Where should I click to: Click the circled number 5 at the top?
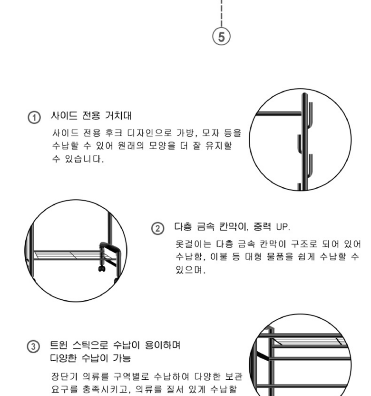pyautogui.click(x=221, y=37)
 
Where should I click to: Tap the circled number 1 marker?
pyautogui.click(x=34, y=117)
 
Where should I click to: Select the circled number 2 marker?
pyautogui.click(x=158, y=228)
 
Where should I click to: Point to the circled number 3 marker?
pyautogui.click(x=33, y=346)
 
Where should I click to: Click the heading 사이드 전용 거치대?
pyautogui.click(x=91, y=115)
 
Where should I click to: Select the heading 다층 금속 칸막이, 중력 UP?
pyautogui.click(x=232, y=226)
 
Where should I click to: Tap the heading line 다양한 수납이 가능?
pyautogui.click(x=90, y=358)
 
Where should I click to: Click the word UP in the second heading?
pyautogui.click(x=283, y=227)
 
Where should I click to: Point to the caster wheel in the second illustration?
pyautogui.click(x=102, y=268)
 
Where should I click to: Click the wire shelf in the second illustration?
pyautogui.click(x=73, y=255)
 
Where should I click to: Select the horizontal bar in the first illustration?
pyautogui.click(x=279, y=113)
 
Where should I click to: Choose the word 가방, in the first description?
pyautogui.click(x=187, y=133)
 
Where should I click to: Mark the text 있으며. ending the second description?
pyautogui.click(x=191, y=270)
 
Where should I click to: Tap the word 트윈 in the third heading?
pyautogui.click(x=59, y=345)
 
